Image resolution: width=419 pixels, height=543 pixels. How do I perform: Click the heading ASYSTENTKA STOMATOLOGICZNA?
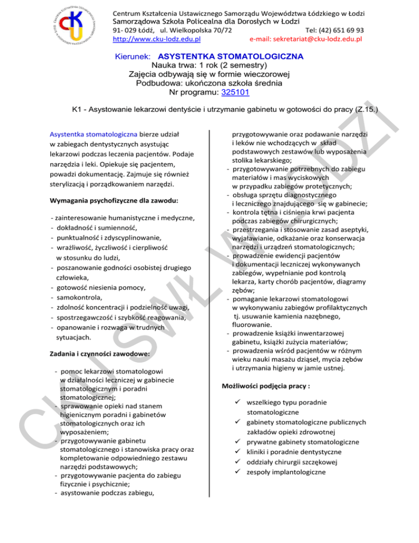(230, 56)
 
